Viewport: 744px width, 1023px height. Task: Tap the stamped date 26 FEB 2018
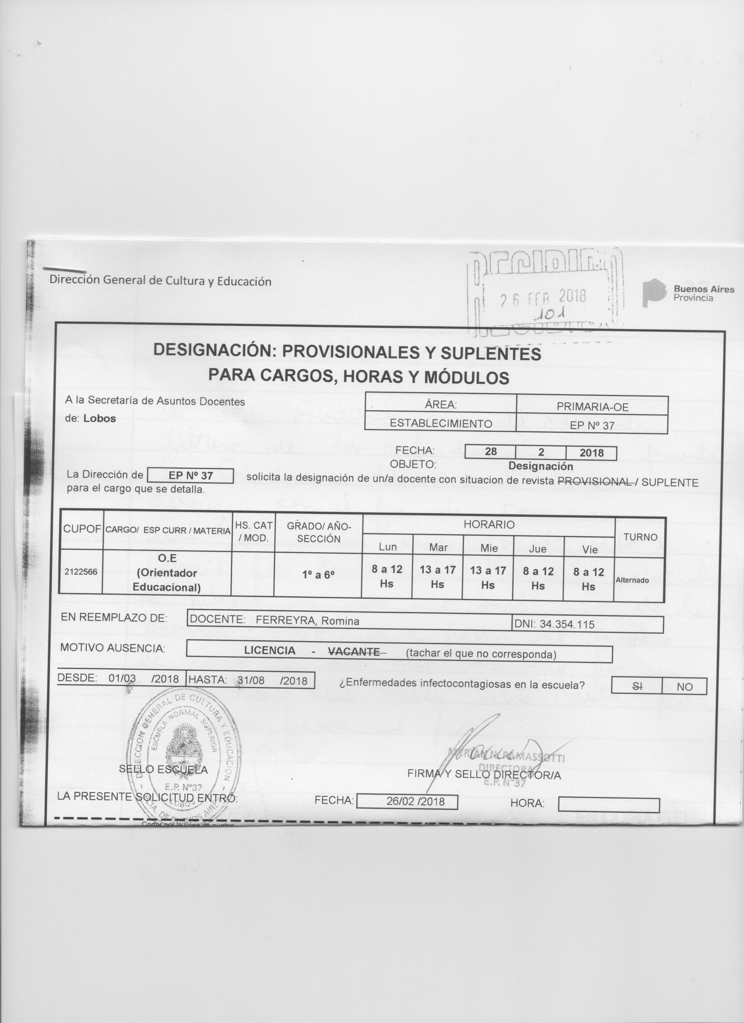point(543,298)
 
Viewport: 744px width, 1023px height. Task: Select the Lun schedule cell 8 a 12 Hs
point(387,576)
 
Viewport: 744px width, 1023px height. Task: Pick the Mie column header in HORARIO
point(488,548)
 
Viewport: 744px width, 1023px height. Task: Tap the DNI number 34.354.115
point(567,624)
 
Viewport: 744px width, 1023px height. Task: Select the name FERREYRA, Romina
point(308,621)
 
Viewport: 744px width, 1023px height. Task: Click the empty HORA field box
point(609,805)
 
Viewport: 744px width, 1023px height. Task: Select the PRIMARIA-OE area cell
point(592,406)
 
